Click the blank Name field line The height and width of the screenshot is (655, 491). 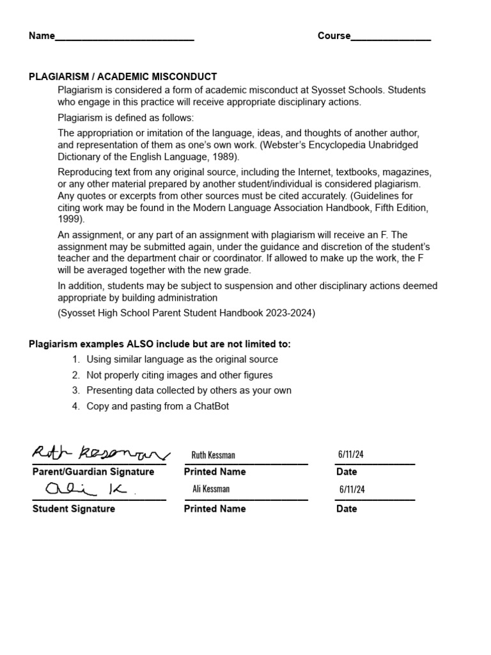(x=125, y=37)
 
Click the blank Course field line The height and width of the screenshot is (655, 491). (x=391, y=37)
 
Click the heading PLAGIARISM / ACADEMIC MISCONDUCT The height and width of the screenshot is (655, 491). (x=123, y=77)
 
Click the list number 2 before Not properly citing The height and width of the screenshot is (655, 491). (x=75, y=375)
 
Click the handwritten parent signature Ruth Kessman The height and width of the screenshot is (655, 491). (x=100, y=454)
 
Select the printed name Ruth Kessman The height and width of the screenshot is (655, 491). (x=213, y=455)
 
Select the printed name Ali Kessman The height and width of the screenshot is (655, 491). (x=211, y=489)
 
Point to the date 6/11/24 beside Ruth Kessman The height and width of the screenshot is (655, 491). (x=351, y=455)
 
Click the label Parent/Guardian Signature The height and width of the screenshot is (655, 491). (x=93, y=472)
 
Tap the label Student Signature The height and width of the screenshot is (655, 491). (x=74, y=509)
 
